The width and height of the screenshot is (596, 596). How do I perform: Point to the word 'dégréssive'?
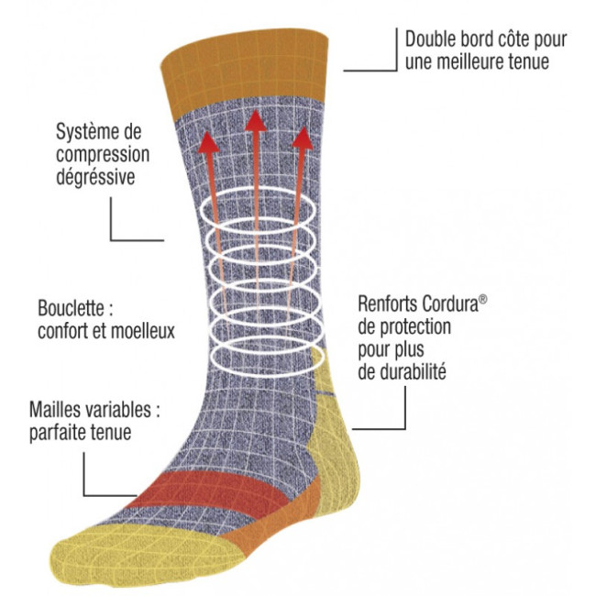tap(95, 177)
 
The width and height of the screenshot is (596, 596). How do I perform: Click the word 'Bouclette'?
tap(71, 308)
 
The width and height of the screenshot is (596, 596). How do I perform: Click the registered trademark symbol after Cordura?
tap(482, 299)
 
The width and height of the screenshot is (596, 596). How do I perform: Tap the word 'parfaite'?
tap(57, 433)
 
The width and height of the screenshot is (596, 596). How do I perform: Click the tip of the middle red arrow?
tap(256, 110)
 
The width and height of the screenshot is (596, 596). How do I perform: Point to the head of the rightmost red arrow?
tap(303, 138)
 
